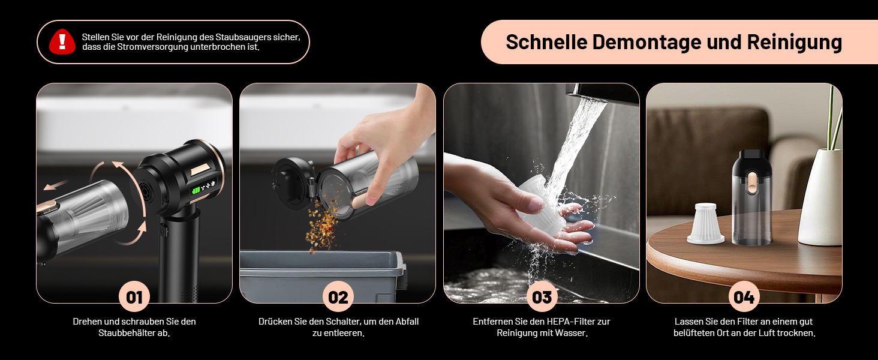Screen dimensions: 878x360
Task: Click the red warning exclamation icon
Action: click(62, 41)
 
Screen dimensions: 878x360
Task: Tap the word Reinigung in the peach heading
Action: click(795, 43)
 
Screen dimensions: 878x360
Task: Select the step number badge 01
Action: click(134, 297)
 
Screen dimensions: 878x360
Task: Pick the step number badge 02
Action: click(338, 297)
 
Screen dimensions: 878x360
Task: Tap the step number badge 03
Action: click(542, 297)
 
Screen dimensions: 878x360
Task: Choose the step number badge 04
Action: click(744, 297)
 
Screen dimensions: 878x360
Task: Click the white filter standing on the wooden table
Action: click(705, 224)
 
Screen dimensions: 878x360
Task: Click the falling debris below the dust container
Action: click(322, 226)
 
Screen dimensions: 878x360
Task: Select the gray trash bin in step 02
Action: click(323, 277)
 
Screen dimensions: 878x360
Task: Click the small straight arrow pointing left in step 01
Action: click(55, 185)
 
